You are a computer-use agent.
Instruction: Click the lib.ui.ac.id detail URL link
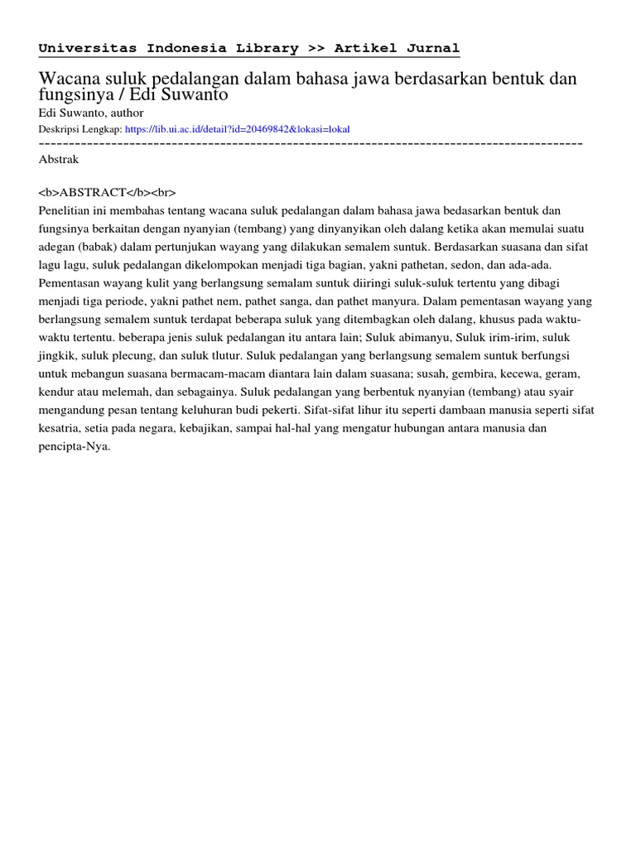point(237,129)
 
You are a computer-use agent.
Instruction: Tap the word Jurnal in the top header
point(432,48)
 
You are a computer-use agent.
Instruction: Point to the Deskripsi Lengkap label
point(80,129)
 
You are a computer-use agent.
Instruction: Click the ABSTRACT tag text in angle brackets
point(107,192)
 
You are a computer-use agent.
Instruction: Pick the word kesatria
point(61,429)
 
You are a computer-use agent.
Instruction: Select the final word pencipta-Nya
point(74,447)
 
